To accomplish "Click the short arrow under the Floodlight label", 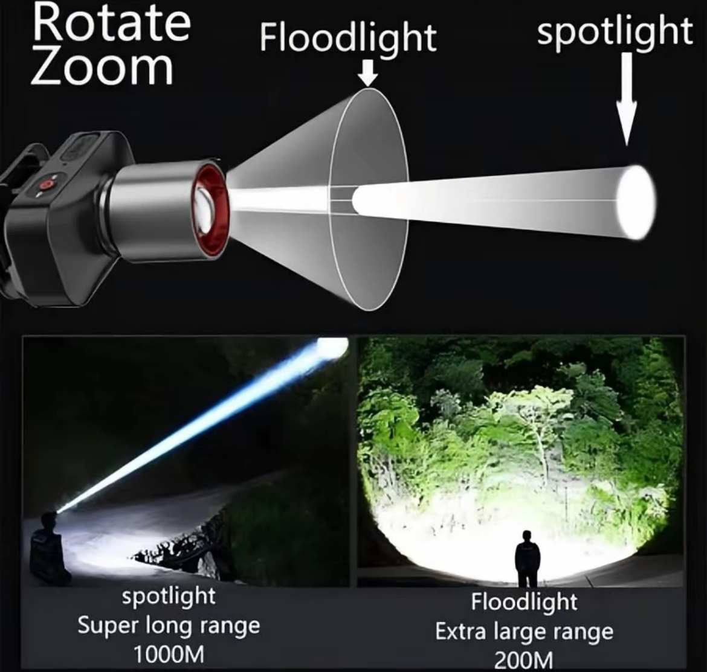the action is (x=369, y=74).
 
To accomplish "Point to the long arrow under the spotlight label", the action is (x=627, y=99).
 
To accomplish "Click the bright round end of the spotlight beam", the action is (x=636, y=202).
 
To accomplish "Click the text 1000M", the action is (x=169, y=654).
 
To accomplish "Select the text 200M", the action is (x=523, y=661).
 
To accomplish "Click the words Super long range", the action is (x=169, y=626).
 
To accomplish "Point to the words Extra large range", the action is (x=525, y=632).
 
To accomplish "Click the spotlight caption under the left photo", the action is (x=169, y=597).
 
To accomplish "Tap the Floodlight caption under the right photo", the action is (x=525, y=602).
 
